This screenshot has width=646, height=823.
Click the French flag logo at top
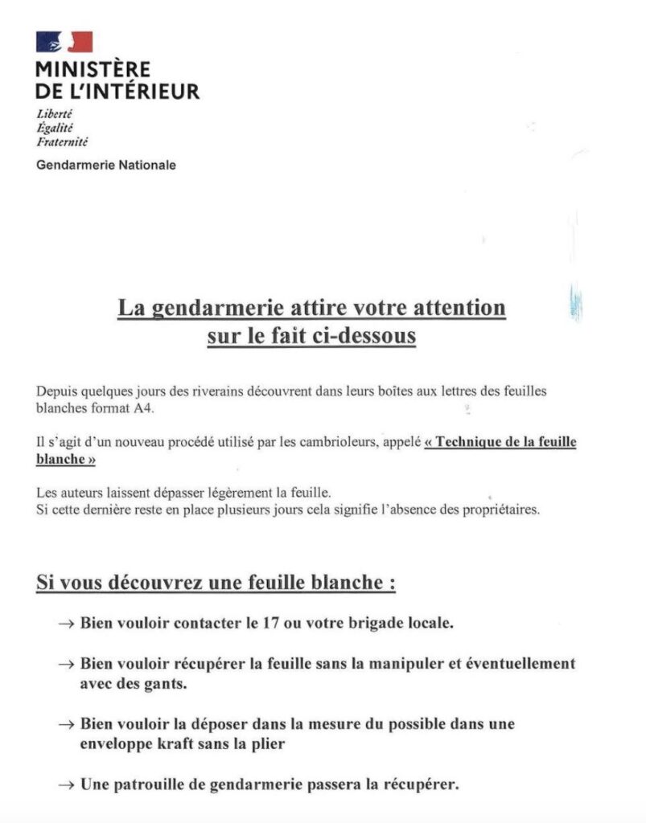tap(64, 43)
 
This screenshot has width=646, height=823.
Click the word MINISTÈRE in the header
tap(93, 70)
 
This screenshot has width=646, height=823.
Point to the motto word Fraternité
tap(62, 141)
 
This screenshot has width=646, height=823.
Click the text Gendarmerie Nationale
tap(106, 166)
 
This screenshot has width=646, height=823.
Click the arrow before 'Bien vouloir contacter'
tap(68, 624)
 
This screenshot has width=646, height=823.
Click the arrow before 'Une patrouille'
tap(68, 784)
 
